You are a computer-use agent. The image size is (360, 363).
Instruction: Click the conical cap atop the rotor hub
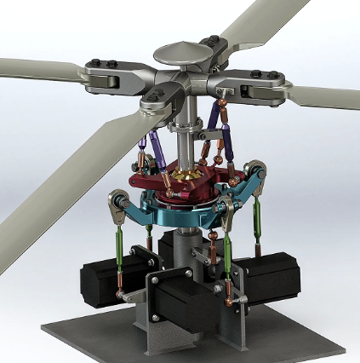183,54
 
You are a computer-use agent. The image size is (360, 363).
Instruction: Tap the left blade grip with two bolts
100,78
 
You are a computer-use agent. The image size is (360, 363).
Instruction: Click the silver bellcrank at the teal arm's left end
119,205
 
